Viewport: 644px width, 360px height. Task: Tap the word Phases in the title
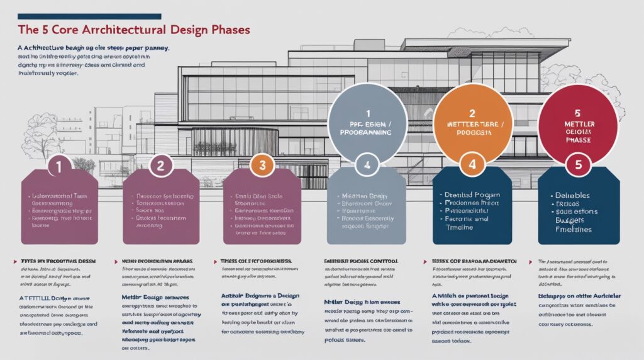[x=228, y=30]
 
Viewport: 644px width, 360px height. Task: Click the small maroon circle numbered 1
[x=58, y=166]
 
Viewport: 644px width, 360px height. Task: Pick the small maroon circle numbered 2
[x=160, y=166]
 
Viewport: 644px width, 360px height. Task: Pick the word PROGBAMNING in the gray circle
[x=365, y=133]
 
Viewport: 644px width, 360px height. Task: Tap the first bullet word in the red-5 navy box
[x=571, y=196]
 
